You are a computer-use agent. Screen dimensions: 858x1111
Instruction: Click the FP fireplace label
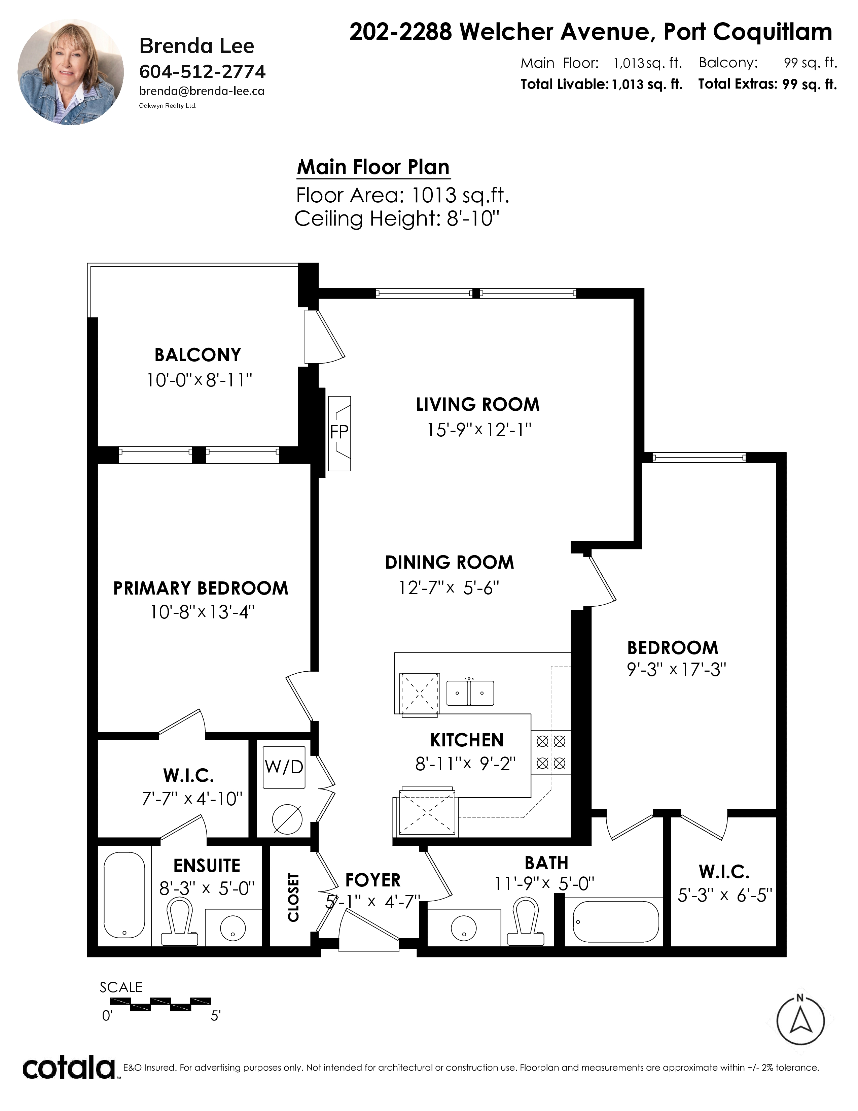pyautogui.click(x=339, y=432)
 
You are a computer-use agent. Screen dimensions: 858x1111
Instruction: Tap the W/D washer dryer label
pyautogui.click(x=284, y=767)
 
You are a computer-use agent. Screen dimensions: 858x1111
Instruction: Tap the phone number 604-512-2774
pyautogui.click(x=202, y=72)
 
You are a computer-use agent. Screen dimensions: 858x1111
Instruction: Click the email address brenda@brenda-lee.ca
pyautogui.click(x=202, y=91)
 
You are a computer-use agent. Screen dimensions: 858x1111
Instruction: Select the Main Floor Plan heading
pyautogui.click(x=373, y=167)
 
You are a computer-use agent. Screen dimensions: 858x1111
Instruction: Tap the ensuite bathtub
pyautogui.click(x=124, y=894)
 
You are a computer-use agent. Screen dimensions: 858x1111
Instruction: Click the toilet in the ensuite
pyautogui.click(x=179, y=922)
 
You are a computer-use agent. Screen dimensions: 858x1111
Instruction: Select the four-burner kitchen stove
pyautogui.click(x=551, y=752)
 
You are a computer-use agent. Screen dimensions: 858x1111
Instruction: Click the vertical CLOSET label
pyautogui.click(x=293, y=898)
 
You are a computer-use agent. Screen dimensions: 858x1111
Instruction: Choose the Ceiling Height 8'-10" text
pyautogui.click(x=397, y=219)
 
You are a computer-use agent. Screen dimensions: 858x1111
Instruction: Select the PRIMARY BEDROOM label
pyautogui.click(x=201, y=588)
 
